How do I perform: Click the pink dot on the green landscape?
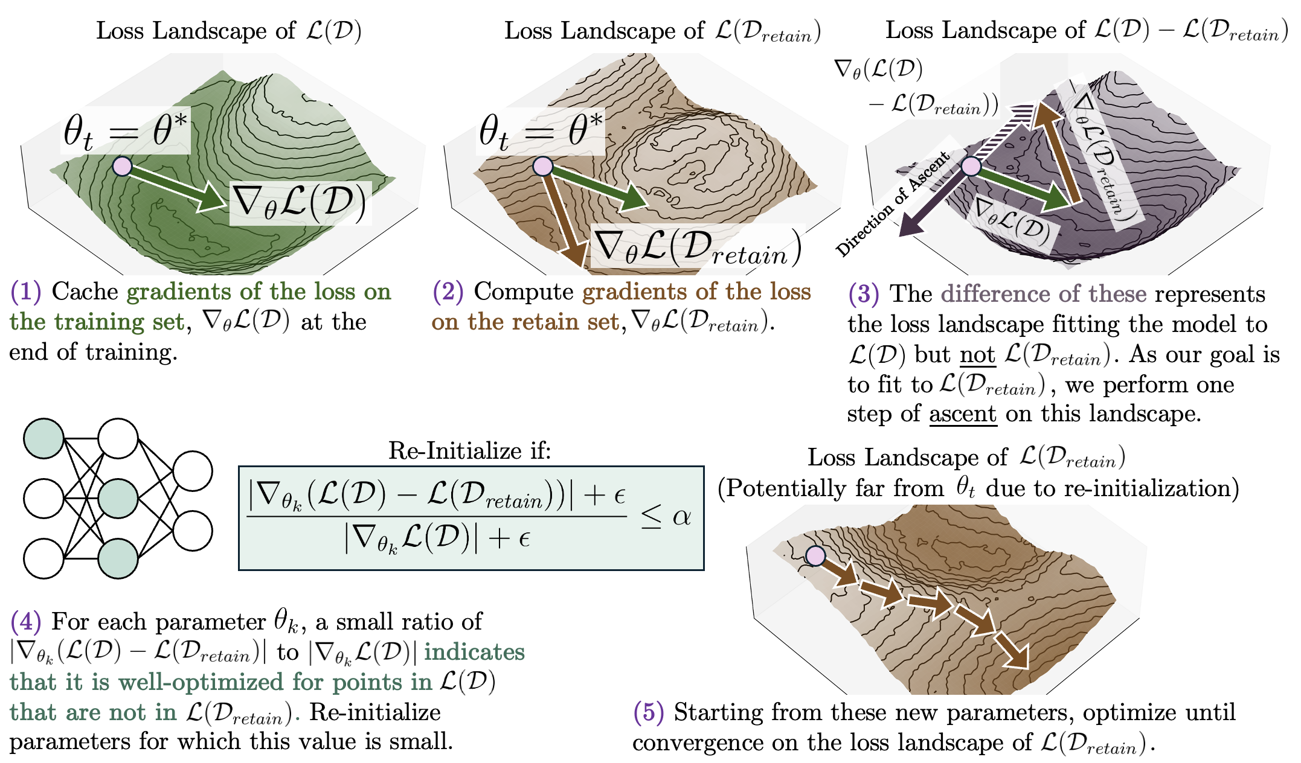point(122,166)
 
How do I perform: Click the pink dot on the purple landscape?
point(971,166)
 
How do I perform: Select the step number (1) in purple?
point(25,292)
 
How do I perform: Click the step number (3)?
point(864,294)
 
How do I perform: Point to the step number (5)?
point(649,713)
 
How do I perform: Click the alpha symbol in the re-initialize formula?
point(681,517)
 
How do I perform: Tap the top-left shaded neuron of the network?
point(43,438)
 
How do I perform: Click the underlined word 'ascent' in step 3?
point(963,414)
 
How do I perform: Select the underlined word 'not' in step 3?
point(977,355)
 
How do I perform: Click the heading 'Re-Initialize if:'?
point(469,450)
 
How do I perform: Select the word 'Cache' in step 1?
point(85,292)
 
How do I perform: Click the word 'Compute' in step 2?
point(523,292)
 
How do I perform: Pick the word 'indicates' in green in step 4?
point(474,653)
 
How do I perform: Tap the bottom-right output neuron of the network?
point(193,531)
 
